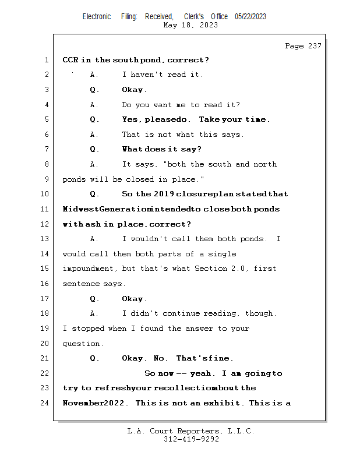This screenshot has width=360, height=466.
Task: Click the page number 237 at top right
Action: click(315, 46)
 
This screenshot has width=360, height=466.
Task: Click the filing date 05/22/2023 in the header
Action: click(250, 17)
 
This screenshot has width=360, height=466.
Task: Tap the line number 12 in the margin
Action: click(44, 224)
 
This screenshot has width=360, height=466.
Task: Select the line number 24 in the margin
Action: click(44, 403)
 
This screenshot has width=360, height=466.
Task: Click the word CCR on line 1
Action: click(70, 60)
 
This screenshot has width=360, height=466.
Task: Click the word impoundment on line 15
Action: click(88, 269)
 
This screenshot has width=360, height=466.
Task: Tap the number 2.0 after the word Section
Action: click(239, 269)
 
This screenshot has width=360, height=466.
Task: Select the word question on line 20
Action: click(81, 344)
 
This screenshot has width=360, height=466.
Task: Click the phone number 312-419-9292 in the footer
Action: click(191, 439)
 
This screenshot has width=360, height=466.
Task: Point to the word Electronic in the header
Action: click(97, 17)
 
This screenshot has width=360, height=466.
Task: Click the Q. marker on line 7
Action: click(94, 149)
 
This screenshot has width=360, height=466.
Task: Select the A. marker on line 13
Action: click(94, 239)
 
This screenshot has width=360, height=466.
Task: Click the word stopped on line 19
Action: click(88, 329)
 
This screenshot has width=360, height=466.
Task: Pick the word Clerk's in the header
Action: click(194, 17)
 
